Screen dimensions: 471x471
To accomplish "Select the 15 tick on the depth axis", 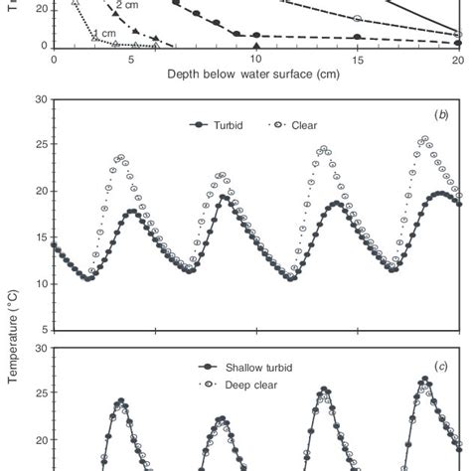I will pyautogui.click(x=357, y=60).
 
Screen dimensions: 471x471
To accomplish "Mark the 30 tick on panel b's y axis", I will pyautogui.click(x=40, y=99).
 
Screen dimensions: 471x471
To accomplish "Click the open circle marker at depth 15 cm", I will pyautogui.click(x=357, y=18).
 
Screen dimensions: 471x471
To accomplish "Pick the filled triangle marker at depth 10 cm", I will pyautogui.click(x=255, y=46).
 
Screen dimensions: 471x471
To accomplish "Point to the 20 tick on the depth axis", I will pyautogui.click(x=457, y=60).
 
